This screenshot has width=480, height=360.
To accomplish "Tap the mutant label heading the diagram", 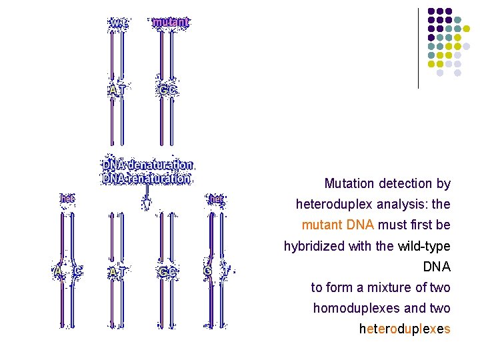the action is (x=171, y=23).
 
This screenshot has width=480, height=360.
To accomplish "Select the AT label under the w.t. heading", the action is (x=118, y=89).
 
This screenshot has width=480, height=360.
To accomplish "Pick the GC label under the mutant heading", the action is (x=167, y=89).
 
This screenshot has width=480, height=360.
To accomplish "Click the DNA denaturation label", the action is (x=147, y=165).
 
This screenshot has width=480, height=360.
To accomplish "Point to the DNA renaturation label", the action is (x=147, y=178).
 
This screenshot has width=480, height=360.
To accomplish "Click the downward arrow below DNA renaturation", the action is (x=147, y=201).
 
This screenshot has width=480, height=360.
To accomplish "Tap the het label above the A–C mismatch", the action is (x=67, y=199).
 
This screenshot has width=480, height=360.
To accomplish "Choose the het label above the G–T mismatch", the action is (x=215, y=199).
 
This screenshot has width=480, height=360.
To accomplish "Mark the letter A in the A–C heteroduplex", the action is (x=57, y=271).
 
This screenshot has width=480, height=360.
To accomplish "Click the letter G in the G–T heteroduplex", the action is (x=208, y=271).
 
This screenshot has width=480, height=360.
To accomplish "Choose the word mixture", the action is (x=373, y=288).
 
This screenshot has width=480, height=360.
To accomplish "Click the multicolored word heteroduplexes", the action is (x=405, y=329).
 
